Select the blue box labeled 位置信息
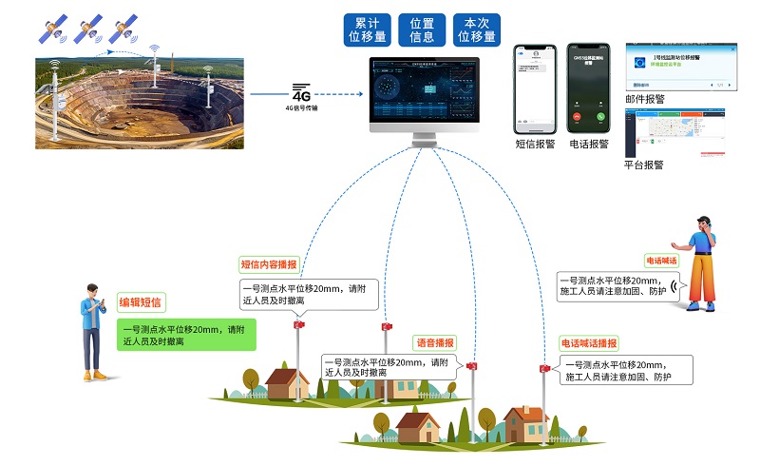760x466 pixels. [x=422, y=29]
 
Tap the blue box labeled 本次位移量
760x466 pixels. [x=477, y=29]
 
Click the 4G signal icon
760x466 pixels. [x=301, y=94]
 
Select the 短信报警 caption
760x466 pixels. [x=534, y=146]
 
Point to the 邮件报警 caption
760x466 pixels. [x=645, y=99]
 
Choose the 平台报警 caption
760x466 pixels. [x=644, y=165]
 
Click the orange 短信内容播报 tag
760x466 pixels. [x=269, y=264]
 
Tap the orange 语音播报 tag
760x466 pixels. [x=434, y=342]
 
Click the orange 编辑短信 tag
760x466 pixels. [x=140, y=302]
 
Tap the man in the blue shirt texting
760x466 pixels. [x=92, y=331]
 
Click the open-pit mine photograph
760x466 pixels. [x=142, y=102]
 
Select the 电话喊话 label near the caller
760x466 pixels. [x=662, y=261]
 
